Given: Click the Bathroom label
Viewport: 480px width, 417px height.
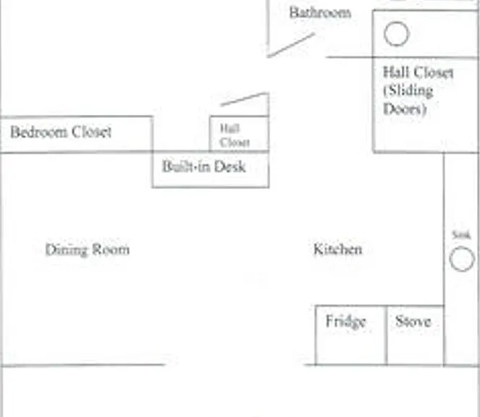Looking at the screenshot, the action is pyautogui.click(x=320, y=13).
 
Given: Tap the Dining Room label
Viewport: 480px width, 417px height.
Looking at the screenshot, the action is pyautogui.click(x=88, y=250).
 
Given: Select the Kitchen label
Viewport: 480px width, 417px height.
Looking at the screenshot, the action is pyautogui.click(x=338, y=249).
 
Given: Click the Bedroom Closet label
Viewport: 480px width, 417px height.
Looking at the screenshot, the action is pyautogui.click(x=61, y=132).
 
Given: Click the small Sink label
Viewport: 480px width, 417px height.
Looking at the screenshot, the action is pyautogui.click(x=461, y=235).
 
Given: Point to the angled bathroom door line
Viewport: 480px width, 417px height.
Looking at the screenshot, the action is pyautogui.click(x=291, y=45).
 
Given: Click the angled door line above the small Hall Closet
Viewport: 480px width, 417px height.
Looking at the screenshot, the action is pyautogui.click(x=245, y=99).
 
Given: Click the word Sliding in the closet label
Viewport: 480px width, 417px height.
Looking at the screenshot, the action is pyautogui.click(x=408, y=91).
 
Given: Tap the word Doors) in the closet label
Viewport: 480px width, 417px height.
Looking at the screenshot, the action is pyautogui.click(x=405, y=109).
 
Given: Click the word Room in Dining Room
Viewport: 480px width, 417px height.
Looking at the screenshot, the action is pyautogui.click(x=111, y=250).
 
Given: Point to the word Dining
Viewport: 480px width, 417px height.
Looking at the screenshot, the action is pyautogui.click(x=67, y=250).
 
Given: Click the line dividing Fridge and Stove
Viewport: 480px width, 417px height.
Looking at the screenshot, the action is pyautogui.click(x=387, y=335).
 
